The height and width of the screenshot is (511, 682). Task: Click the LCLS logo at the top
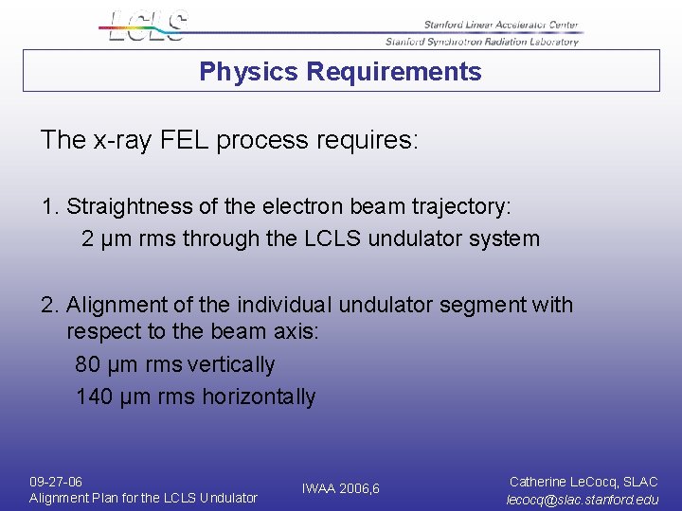[147, 26]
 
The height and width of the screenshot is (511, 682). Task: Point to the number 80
[87, 365]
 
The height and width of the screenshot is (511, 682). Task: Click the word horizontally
[259, 397]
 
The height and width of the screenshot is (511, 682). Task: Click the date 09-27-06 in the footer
[56, 482]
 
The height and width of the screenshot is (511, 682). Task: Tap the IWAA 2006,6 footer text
[340, 489]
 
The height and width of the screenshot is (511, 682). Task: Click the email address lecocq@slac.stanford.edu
[583, 500]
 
